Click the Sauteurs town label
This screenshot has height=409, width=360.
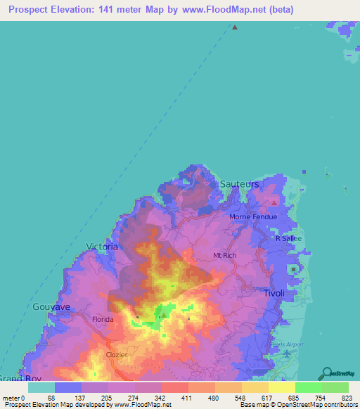click(x=239, y=183)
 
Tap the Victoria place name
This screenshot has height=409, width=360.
click(x=102, y=246)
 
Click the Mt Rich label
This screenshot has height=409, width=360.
click(x=224, y=255)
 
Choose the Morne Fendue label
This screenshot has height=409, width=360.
click(x=253, y=216)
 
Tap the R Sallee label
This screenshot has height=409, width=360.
click(x=288, y=238)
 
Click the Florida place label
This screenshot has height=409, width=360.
click(x=103, y=319)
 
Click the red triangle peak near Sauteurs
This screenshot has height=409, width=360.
click(x=274, y=202)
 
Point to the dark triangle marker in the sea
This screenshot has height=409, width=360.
click(x=235, y=27)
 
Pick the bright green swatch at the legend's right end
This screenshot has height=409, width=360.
click(x=335, y=387)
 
